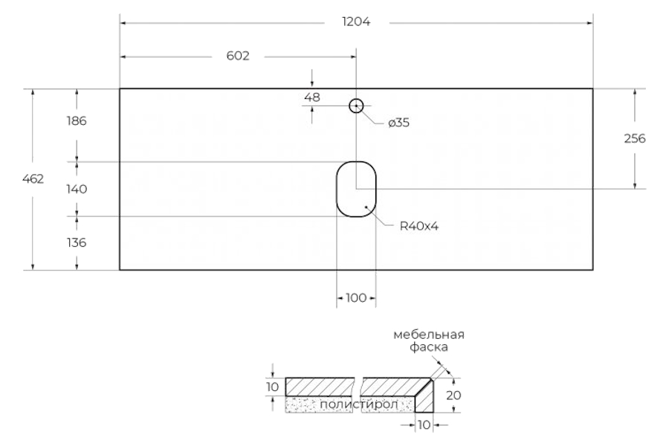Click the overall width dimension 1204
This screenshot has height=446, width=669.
(x=356, y=22)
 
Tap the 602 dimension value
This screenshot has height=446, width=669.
(x=238, y=56)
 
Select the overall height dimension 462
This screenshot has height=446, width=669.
(x=33, y=179)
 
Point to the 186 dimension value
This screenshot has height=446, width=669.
(x=77, y=121)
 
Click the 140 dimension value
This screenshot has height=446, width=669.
(x=77, y=189)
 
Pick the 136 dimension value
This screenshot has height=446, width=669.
(x=77, y=243)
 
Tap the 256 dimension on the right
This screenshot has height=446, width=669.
(x=635, y=139)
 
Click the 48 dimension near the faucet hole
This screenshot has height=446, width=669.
(x=312, y=97)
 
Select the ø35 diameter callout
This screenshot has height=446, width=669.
(x=399, y=123)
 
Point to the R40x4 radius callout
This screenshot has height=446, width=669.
(x=419, y=226)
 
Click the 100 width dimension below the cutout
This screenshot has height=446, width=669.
(x=356, y=298)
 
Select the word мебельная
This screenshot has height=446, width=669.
(x=429, y=335)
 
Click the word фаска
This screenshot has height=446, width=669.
(x=429, y=347)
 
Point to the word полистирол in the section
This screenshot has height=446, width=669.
(x=359, y=404)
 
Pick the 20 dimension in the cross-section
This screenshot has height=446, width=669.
(x=453, y=395)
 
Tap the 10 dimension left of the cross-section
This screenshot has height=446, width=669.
(x=272, y=387)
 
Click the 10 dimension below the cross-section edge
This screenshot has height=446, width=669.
(x=424, y=425)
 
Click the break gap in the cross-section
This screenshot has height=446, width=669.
(x=358, y=395)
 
